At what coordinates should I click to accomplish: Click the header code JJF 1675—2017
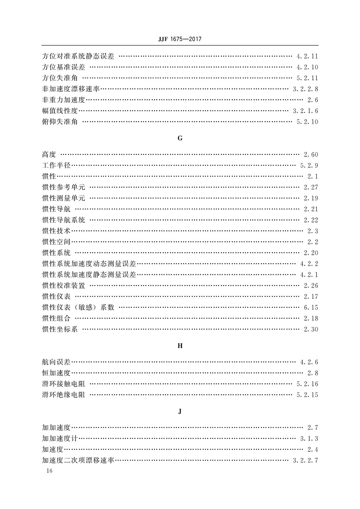click(180, 39)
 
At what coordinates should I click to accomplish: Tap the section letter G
click(180, 138)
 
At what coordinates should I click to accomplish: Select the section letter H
click(180, 346)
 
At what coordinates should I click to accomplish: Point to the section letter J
click(180, 411)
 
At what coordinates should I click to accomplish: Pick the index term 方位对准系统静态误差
click(78, 57)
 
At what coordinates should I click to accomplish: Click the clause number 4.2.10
click(307, 67)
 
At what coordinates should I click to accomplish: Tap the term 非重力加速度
click(63, 100)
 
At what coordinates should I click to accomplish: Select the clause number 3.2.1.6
click(305, 111)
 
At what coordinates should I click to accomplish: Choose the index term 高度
click(49, 155)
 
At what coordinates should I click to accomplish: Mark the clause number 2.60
click(311, 155)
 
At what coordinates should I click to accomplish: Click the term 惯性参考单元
click(63, 187)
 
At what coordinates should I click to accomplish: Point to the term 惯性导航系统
click(63, 220)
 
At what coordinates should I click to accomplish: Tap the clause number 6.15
click(311, 307)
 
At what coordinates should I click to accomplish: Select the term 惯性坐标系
click(60, 329)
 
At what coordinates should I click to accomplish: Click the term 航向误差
click(56, 362)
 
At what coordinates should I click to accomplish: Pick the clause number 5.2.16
click(307, 384)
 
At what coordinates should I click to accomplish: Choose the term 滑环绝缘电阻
click(63, 395)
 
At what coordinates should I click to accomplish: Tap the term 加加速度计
click(60, 438)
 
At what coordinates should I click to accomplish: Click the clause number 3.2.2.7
click(305, 460)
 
